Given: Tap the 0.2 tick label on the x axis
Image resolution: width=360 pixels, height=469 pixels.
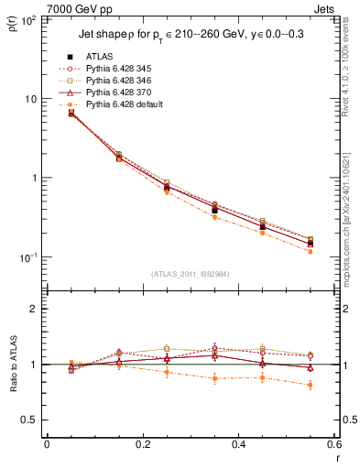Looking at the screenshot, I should pyautogui.click(x=142, y=445).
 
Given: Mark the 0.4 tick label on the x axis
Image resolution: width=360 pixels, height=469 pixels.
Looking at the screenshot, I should pyautogui.click(x=238, y=445).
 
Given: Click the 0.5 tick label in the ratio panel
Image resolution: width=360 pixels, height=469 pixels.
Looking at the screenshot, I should pyautogui.click(x=30, y=420).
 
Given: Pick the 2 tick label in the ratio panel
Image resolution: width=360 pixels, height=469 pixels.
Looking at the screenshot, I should pyautogui.click(x=34, y=309).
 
